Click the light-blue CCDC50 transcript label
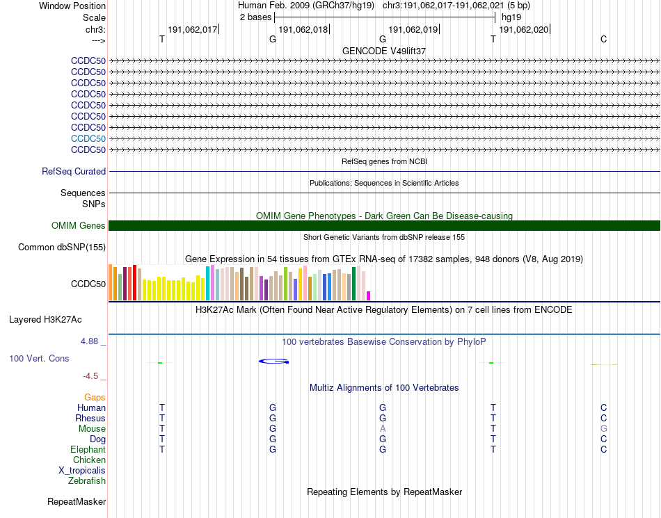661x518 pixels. click(88, 138)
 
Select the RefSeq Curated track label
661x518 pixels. click(74, 171)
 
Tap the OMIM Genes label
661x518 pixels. click(79, 225)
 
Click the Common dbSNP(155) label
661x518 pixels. click(62, 247)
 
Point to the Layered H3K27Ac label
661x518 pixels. click(45, 320)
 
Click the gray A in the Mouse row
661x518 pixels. click(383, 428)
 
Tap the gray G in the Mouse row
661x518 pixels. click(604, 428)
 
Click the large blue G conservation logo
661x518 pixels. click(274, 361)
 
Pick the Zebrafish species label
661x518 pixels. click(87, 480)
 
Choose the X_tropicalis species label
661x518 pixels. click(82, 470)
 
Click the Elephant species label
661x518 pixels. click(88, 449)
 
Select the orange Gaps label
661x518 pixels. click(95, 397)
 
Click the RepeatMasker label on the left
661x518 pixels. click(77, 501)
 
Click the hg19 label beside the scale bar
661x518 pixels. click(511, 17)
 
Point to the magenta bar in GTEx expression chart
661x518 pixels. click(369, 296)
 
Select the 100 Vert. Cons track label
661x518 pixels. click(39, 358)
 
